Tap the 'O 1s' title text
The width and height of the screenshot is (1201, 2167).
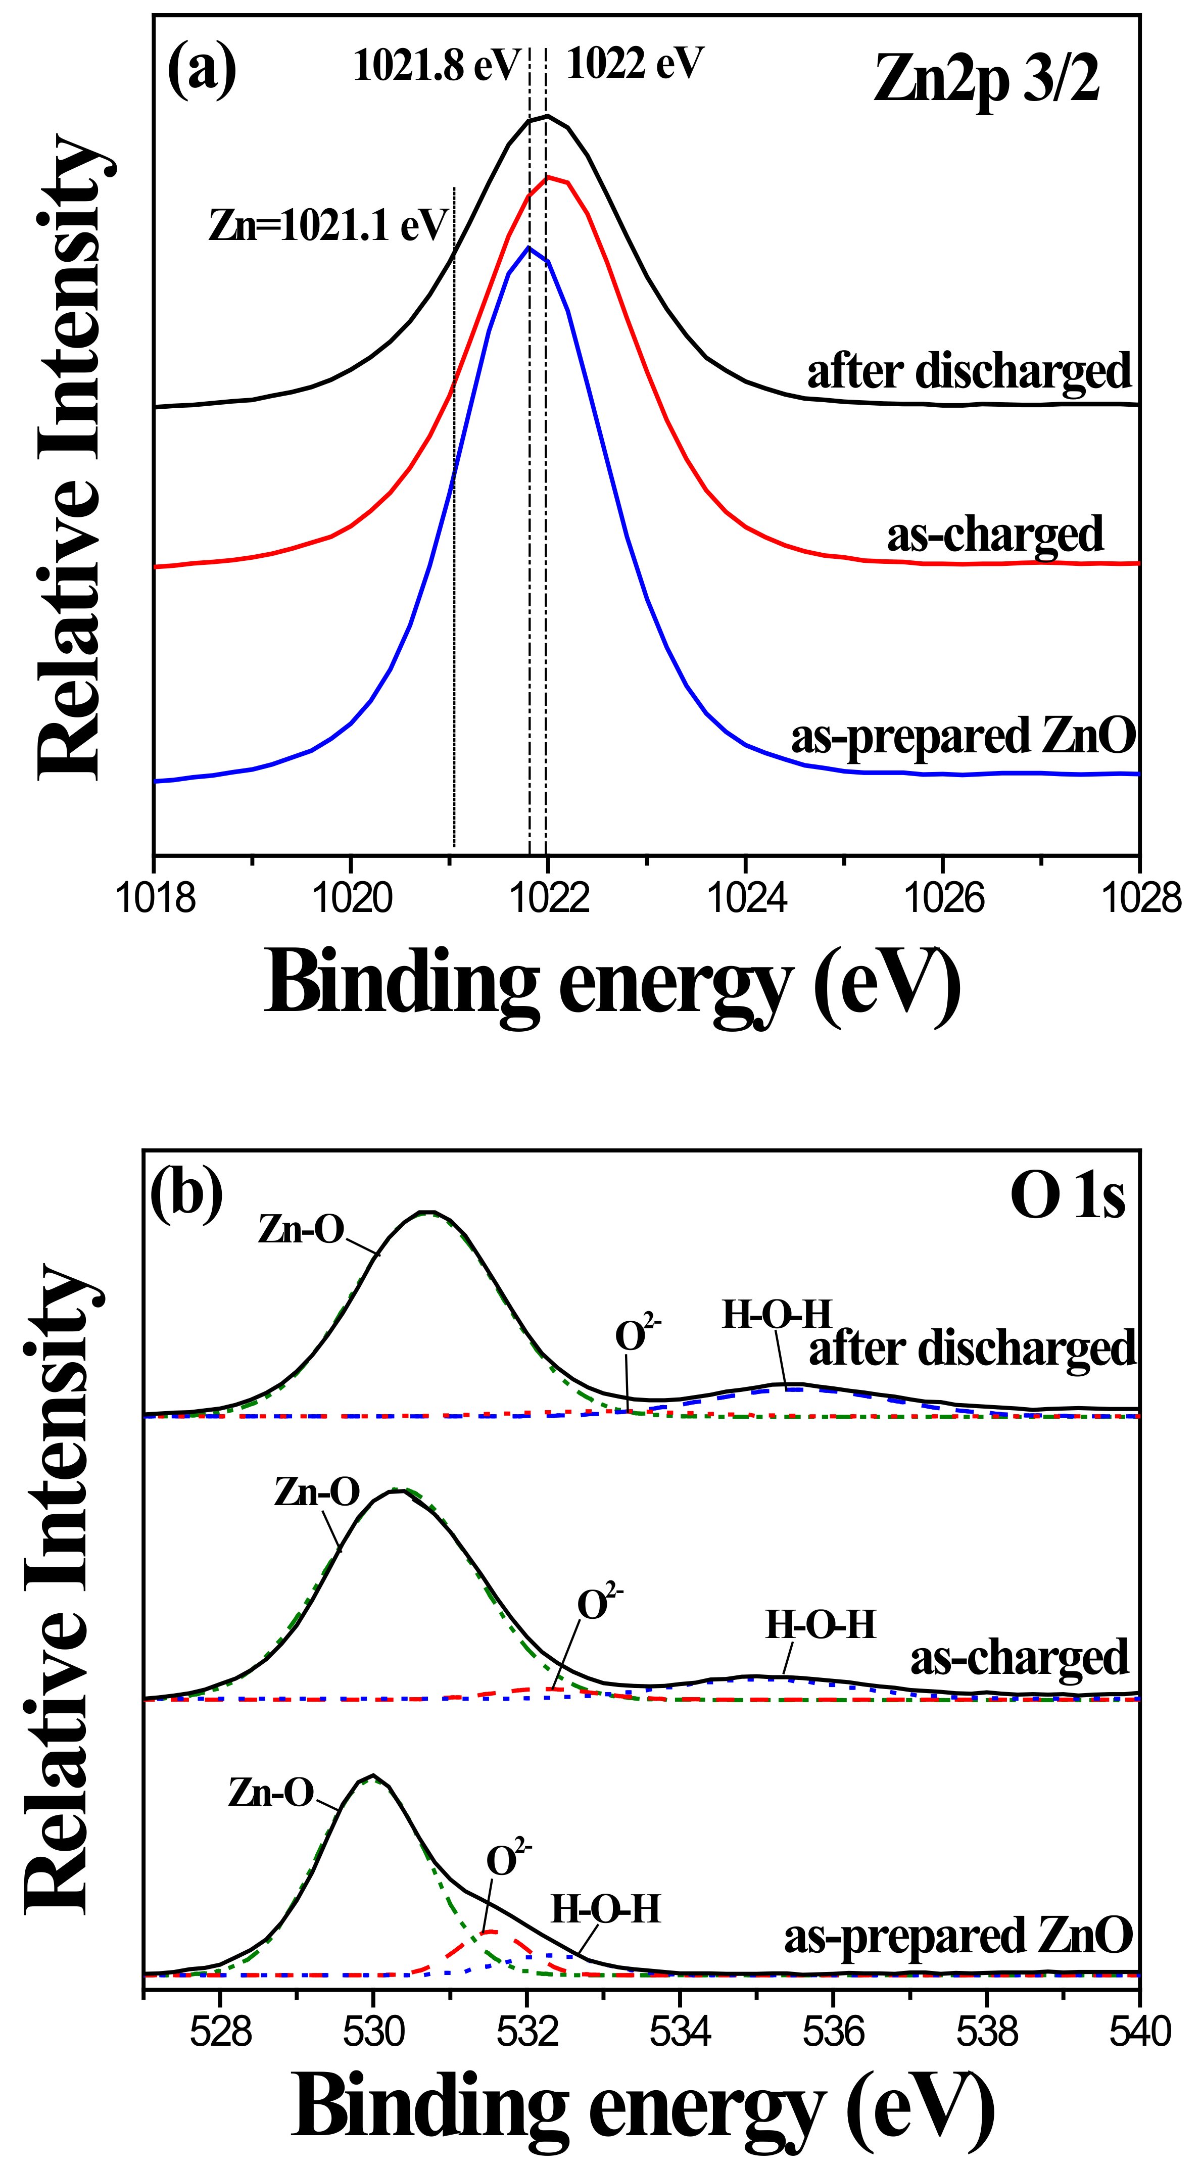click(1067, 1196)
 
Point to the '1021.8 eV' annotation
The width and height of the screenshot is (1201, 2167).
click(436, 66)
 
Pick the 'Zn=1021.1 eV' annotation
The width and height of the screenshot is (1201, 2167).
click(328, 225)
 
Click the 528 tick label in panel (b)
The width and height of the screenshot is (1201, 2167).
click(220, 2033)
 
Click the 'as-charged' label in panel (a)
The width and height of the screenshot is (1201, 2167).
click(994, 535)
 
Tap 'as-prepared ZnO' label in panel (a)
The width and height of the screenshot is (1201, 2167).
click(963, 736)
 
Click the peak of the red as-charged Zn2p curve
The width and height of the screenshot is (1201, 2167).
click(548, 177)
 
